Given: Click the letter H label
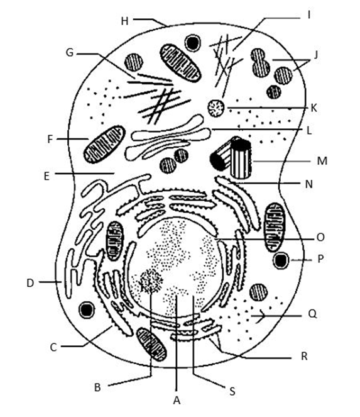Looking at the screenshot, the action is [x=124, y=21].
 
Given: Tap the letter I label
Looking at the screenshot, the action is [x=308, y=15].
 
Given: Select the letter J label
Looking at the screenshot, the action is [x=315, y=55].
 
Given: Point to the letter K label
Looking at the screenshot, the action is [x=314, y=108].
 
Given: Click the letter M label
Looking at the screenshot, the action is [x=322, y=161].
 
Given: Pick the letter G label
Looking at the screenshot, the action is [x=70, y=52].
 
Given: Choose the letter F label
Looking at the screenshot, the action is [x=50, y=139].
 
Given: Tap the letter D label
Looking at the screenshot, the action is [x=30, y=283].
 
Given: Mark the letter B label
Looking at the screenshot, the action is [x=97, y=387].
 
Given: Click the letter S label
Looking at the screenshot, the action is [x=232, y=391].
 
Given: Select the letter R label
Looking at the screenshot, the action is [x=305, y=356].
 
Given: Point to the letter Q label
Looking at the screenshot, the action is [x=312, y=314].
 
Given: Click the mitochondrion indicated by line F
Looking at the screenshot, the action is [x=105, y=144].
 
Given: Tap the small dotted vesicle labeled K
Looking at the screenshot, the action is [x=216, y=108].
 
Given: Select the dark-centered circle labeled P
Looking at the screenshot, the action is [x=281, y=260].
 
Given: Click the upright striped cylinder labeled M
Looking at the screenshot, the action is [x=241, y=158].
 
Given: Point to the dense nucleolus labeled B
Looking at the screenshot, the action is [x=151, y=281].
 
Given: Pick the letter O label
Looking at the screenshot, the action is [x=320, y=237].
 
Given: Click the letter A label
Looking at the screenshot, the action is [x=177, y=400].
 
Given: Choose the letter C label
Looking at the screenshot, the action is [x=53, y=347].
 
